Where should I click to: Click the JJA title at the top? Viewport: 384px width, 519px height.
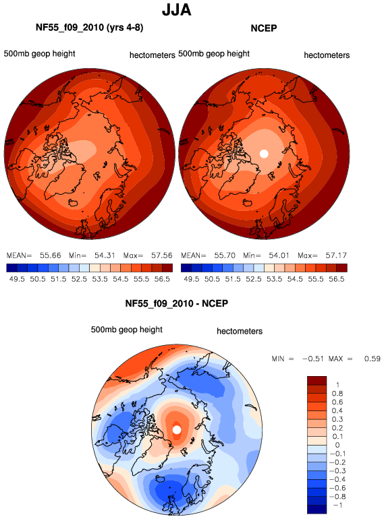pyautogui.click(x=177, y=10)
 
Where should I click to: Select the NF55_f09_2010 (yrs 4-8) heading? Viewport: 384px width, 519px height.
pyautogui.click(x=90, y=28)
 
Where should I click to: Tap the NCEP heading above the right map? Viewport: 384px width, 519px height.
pyautogui.click(x=264, y=28)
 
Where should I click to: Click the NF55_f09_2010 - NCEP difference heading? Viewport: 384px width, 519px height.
pyautogui.click(x=177, y=303)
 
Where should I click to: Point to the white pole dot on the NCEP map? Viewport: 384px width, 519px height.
pyautogui.click(x=264, y=154)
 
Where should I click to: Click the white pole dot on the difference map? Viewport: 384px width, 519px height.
pyautogui.click(x=177, y=429)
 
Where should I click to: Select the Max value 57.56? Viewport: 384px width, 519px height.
pyautogui.click(x=162, y=255)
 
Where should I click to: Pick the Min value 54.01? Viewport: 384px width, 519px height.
pyautogui.click(x=279, y=255)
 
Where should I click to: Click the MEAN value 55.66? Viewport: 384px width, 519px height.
pyautogui.click(x=51, y=255)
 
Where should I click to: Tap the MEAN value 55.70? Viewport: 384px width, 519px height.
pyautogui.click(x=225, y=255)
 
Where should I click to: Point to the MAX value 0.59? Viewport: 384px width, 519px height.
pyautogui.click(x=372, y=359)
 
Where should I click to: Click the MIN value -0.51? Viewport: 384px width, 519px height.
pyautogui.click(x=312, y=359)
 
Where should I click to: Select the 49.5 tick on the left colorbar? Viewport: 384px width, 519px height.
pyautogui.click(x=17, y=279)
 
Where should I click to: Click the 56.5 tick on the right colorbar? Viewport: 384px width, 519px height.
pyautogui.click(x=337, y=279)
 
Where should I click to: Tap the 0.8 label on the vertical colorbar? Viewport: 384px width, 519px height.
pyautogui.click(x=337, y=394)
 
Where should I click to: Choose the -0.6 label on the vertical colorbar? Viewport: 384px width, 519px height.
pyautogui.click(x=337, y=488)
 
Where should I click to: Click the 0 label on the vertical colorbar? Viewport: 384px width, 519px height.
pyautogui.click(x=337, y=445)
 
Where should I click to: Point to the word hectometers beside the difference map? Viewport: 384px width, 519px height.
pyautogui.click(x=240, y=332)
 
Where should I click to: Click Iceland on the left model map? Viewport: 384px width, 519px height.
pyautogui.click(x=74, y=203)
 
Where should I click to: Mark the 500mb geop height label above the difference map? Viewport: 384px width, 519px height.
pyautogui.click(x=127, y=330)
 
